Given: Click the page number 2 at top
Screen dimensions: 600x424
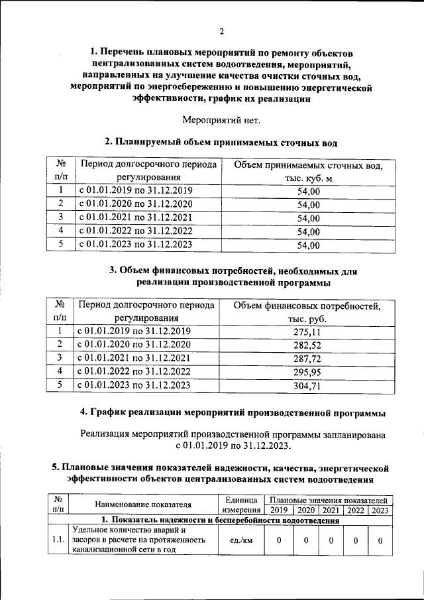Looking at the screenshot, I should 222,32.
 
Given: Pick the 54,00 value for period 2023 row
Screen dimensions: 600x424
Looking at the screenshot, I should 309,245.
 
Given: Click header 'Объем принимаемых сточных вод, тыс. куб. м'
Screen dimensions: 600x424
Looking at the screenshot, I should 309,172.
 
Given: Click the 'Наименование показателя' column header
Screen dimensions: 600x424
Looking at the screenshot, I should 142,505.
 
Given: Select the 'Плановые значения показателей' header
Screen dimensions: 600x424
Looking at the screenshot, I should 329,499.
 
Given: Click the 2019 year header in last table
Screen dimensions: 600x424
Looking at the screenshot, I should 279,510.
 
